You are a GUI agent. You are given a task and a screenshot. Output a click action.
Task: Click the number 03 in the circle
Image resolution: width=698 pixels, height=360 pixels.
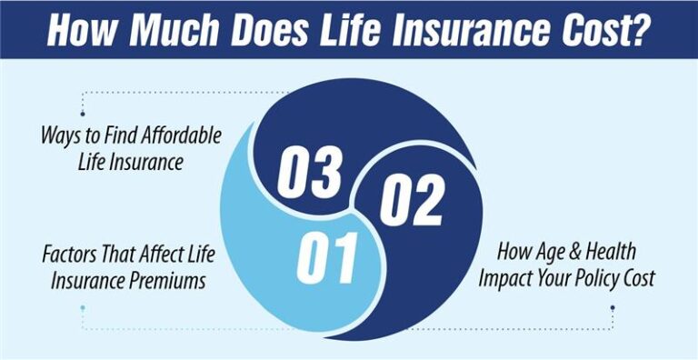[x=309, y=174]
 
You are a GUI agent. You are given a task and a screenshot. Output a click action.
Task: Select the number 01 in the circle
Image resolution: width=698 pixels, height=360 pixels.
[x=328, y=256]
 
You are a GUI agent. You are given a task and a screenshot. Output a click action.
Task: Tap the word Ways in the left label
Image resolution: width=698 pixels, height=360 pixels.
[x=61, y=135]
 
